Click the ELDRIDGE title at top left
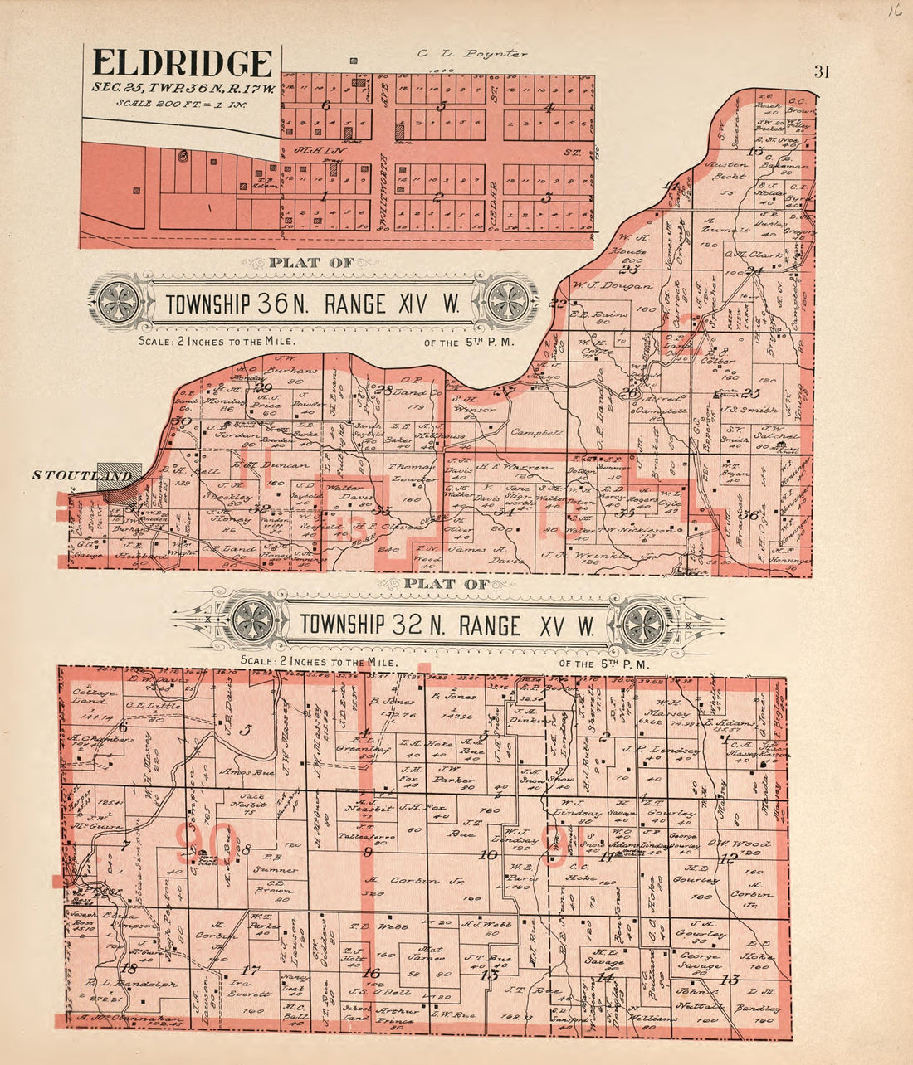click(183, 64)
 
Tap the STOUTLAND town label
click(81, 475)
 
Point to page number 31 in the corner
click(822, 71)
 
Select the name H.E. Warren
click(505, 466)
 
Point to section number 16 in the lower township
click(371, 972)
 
